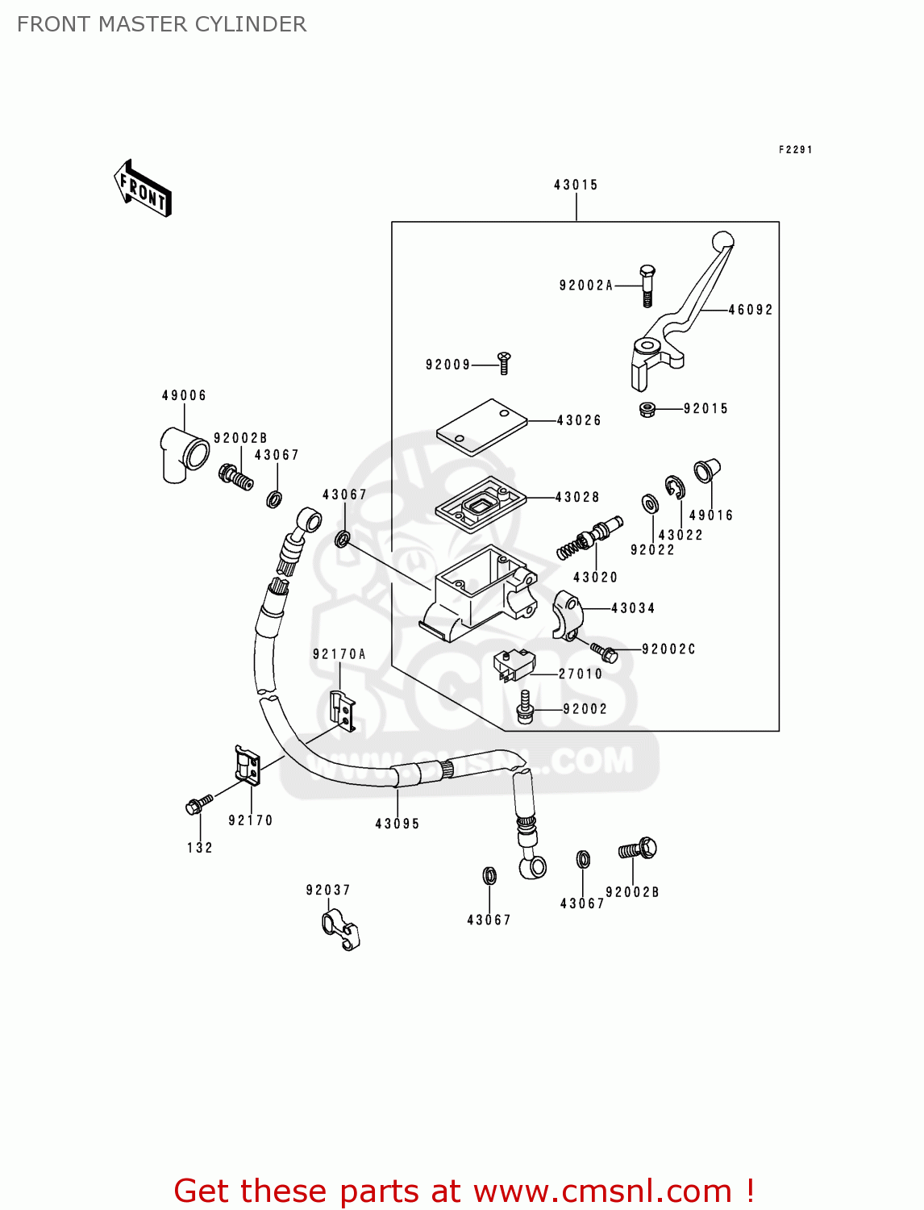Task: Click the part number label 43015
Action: click(576, 185)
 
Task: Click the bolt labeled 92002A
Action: click(647, 285)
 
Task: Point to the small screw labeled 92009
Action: click(504, 362)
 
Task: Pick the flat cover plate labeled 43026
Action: click(481, 427)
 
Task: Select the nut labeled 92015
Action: click(647, 409)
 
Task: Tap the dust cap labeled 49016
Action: click(705, 470)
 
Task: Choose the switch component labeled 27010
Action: click(514, 664)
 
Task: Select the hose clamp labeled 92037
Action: click(340, 929)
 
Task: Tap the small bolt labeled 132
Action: click(198, 804)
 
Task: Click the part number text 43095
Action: click(397, 824)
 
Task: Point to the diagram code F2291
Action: click(795, 149)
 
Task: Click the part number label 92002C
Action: click(668, 649)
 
